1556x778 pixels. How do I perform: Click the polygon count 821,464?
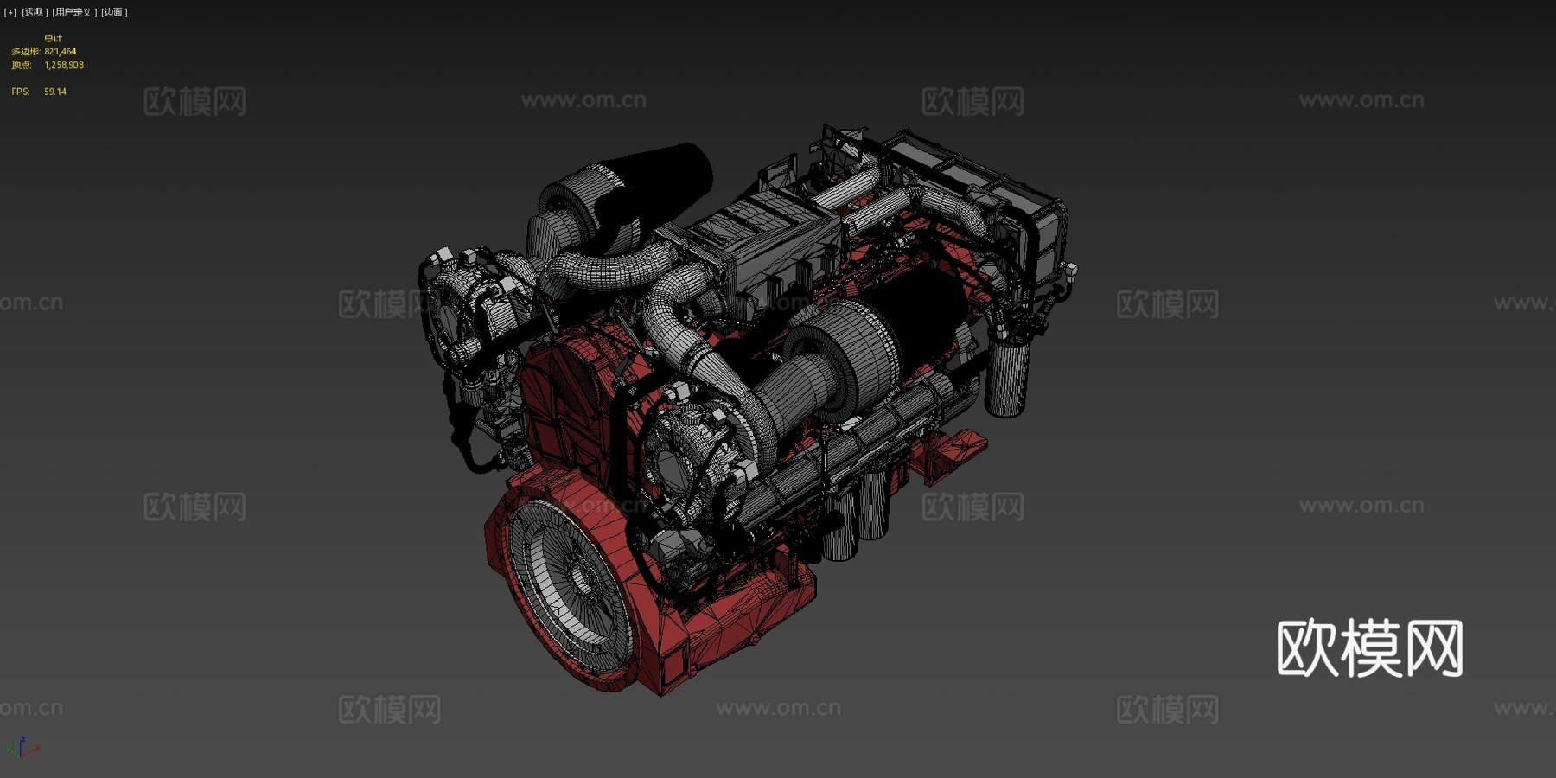(x=61, y=52)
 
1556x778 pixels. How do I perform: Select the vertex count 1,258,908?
(x=64, y=66)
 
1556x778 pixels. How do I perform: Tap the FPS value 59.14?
(x=55, y=92)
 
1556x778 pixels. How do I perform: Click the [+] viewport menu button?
(x=10, y=12)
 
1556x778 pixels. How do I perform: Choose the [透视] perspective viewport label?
(x=34, y=12)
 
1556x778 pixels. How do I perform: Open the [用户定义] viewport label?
(x=73, y=12)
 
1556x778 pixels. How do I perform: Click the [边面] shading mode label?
(x=114, y=12)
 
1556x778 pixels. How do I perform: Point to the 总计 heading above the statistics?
(x=53, y=38)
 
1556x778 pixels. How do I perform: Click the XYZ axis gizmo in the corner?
(x=22, y=748)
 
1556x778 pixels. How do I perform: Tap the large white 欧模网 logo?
(x=1369, y=648)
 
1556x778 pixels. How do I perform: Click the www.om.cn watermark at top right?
(x=1361, y=100)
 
